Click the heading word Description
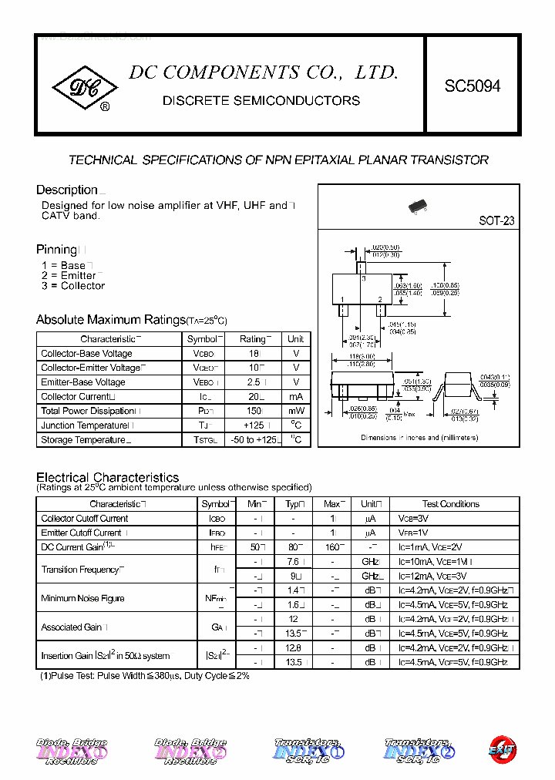click(67, 190)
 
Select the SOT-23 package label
click(496, 220)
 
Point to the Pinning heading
click(57, 250)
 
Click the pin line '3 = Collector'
click(73, 286)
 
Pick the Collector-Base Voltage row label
click(86, 354)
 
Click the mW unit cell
click(296, 412)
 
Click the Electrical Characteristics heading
click(107, 477)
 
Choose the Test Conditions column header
click(451, 504)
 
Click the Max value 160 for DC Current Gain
click(332, 547)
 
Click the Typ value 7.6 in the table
click(292, 562)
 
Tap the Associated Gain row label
click(74, 627)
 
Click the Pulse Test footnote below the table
click(145, 676)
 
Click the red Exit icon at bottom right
click(502, 748)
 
